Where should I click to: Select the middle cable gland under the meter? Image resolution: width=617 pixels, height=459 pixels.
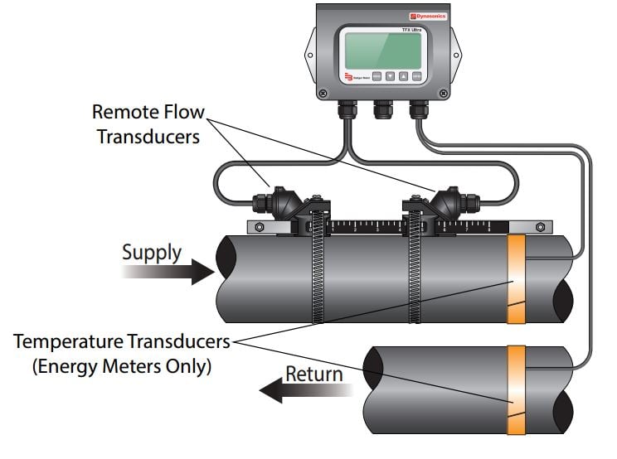(x=383, y=107)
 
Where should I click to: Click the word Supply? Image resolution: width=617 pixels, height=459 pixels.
(x=152, y=252)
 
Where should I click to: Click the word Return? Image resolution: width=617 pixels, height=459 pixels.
(x=313, y=374)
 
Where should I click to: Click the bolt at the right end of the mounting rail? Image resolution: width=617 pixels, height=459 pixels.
(x=542, y=226)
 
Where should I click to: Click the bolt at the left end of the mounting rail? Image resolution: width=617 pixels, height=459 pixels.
(x=260, y=228)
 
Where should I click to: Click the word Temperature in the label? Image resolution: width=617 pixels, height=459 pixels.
(x=67, y=341)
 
